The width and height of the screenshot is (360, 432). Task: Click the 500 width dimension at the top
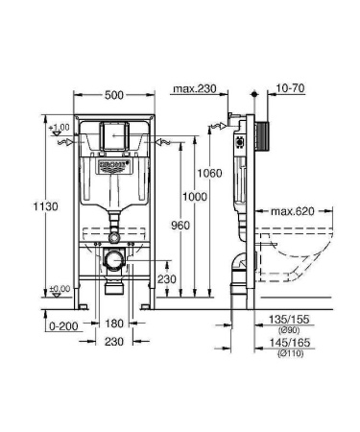pos(114,96)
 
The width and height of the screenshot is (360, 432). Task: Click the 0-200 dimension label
pos(60,325)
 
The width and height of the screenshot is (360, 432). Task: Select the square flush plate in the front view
pos(114,138)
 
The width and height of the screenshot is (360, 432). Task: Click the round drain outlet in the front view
pos(114,258)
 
